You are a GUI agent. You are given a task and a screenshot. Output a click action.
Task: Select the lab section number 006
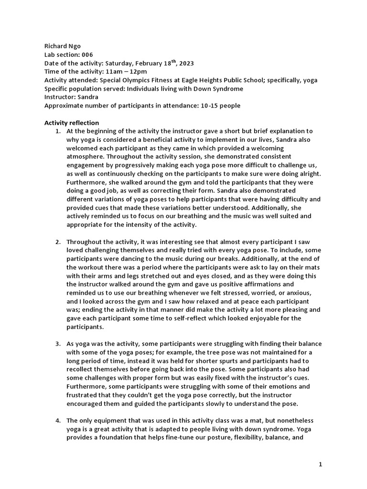click(86, 55)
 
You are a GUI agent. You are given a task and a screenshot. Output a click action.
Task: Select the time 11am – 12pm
click(123, 72)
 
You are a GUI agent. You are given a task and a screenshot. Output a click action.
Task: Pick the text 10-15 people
click(219, 105)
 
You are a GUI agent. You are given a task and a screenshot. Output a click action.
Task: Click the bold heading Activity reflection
click(72, 123)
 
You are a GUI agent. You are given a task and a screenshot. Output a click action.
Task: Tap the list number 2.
click(58, 243)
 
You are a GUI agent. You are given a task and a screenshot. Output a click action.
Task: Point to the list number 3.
click(58, 344)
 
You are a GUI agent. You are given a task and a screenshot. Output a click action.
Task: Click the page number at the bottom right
click(321, 465)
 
